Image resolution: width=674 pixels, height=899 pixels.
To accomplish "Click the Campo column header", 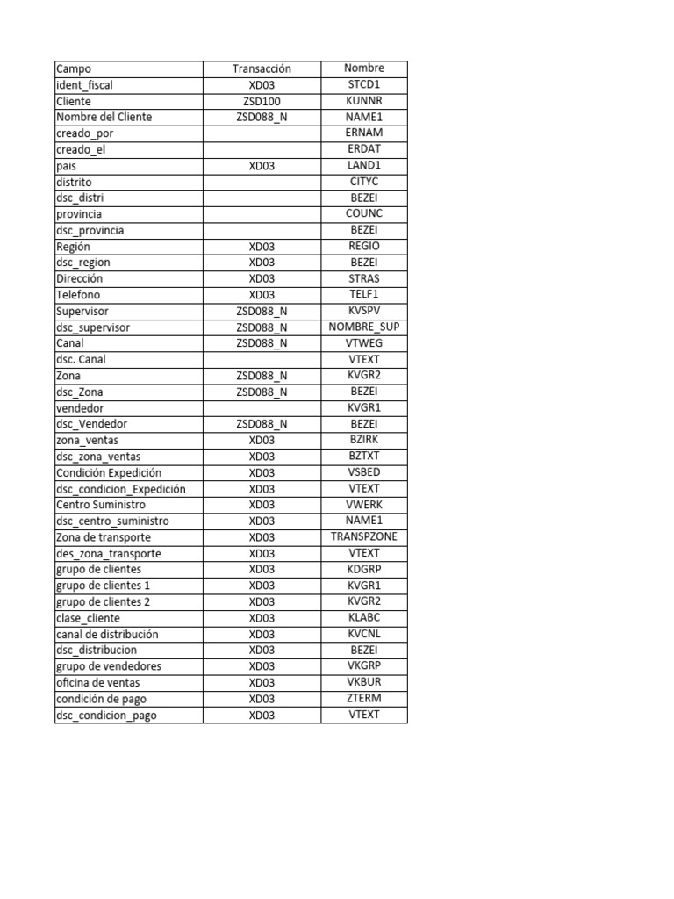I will point(74,68).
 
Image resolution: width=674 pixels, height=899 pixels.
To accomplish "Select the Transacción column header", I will point(262,68).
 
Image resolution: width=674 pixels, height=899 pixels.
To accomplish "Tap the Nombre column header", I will point(363,68).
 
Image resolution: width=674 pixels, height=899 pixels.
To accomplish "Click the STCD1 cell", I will point(363,84).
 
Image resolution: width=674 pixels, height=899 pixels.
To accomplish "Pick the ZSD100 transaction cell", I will point(262,101).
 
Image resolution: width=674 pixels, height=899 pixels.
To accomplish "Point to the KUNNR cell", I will point(363,101).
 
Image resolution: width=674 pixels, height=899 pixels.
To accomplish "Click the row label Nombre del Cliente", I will point(104,117).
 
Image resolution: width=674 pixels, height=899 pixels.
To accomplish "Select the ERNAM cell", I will point(363,133).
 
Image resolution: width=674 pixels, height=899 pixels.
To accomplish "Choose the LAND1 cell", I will point(363,165).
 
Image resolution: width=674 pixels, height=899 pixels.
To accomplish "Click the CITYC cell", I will point(363,182).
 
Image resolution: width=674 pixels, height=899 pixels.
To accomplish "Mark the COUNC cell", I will point(363,213).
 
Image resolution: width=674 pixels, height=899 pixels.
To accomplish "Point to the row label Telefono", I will point(78,295).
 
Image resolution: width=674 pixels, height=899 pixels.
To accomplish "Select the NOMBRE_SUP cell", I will point(363,327).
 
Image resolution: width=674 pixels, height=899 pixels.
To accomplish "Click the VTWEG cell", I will point(363,343).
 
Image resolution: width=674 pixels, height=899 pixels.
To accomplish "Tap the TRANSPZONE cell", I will point(363,536).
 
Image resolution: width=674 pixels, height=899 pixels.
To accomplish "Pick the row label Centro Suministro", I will point(101,505).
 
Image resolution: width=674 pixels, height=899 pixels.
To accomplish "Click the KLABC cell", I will point(363,617).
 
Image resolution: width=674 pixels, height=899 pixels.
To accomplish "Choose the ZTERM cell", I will point(363,698).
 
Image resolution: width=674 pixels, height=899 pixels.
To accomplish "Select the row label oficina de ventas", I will point(97,682).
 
